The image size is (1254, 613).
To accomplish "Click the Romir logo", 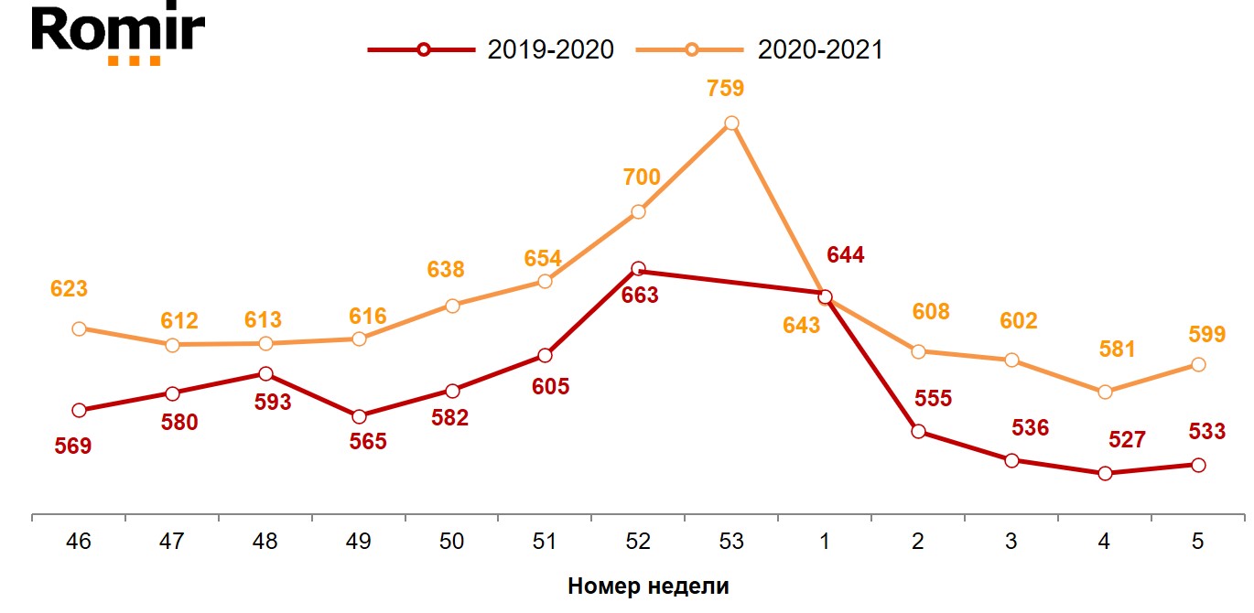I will click(x=118, y=35).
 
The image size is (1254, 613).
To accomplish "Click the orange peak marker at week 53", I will click(x=730, y=123).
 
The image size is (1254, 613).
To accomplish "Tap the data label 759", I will click(x=726, y=89).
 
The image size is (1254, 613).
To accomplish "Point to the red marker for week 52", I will click(x=638, y=269).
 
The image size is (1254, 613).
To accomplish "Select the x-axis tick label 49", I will click(x=358, y=542).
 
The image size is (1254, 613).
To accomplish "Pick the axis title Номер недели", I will click(x=648, y=586).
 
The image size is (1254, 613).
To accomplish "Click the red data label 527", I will click(x=1126, y=440).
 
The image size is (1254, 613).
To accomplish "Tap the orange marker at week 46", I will click(x=79, y=328).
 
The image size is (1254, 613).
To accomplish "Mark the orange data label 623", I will click(x=69, y=289).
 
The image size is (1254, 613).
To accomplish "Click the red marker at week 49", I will click(x=358, y=417).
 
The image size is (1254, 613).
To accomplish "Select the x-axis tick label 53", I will click(x=730, y=542).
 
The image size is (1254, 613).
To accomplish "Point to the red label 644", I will click(x=845, y=255).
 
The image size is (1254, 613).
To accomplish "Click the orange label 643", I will click(x=802, y=325).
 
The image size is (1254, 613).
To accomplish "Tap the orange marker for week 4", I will click(x=1105, y=392).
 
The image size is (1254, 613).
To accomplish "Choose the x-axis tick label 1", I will click(x=824, y=542).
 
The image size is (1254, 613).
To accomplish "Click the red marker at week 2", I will click(x=918, y=431).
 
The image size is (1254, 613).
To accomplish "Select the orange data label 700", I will click(x=641, y=177).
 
